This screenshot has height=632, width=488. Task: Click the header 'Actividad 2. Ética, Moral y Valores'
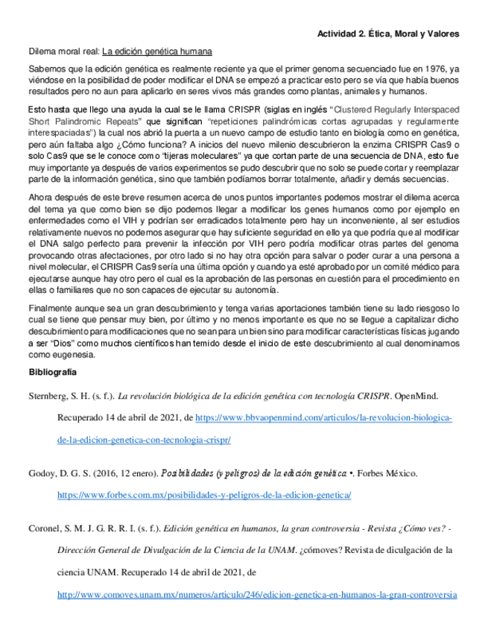[x=388, y=34]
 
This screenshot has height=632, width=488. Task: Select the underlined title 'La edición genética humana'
[x=156, y=51]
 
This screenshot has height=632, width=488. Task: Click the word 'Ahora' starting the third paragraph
[x=41, y=197]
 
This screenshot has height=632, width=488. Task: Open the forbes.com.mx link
[x=203, y=494]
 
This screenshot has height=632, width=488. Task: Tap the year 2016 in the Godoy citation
[x=107, y=473]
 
